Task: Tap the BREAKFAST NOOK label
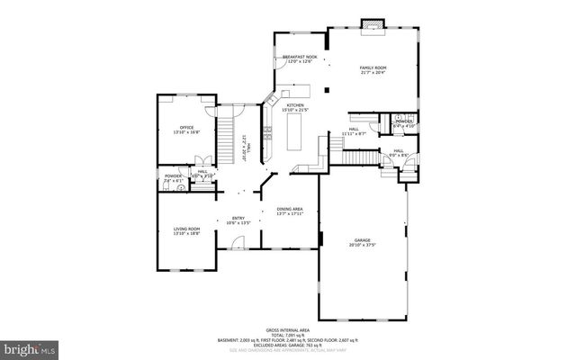(x=300, y=57)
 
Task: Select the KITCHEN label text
(x=295, y=105)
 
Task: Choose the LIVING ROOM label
(x=186, y=229)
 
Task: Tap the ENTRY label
(x=238, y=218)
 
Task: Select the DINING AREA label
(x=290, y=209)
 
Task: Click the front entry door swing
(x=236, y=242)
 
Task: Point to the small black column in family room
(x=327, y=89)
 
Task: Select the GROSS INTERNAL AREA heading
(x=288, y=330)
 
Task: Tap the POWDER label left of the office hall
(x=173, y=175)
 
